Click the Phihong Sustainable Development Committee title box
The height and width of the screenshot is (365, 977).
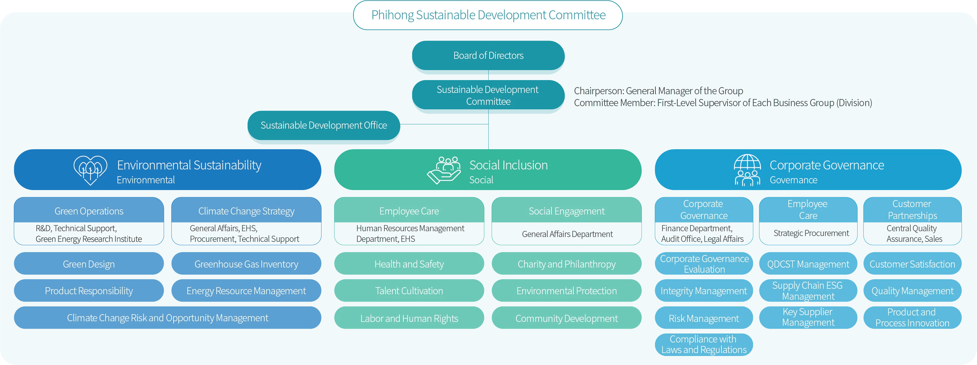pos(488,15)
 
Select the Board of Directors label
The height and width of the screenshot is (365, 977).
pos(488,56)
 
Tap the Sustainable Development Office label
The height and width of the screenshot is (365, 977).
pos(324,125)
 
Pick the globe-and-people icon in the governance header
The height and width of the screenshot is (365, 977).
pos(747,170)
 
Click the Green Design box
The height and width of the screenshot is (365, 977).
pos(89,264)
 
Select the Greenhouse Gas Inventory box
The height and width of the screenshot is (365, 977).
pos(246,264)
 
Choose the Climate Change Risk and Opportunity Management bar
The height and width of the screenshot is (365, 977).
pos(167,318)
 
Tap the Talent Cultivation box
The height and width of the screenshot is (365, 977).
pos(409,291)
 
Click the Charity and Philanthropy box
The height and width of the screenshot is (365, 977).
pos(566,264)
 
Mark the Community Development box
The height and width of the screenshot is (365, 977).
pos(566,318)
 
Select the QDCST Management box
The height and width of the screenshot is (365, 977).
pos(808,264)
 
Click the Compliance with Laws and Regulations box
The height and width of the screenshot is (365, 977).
pos(704,344)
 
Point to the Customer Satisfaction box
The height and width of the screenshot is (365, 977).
pos(912,264)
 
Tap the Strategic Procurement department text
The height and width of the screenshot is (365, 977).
pos(811,233)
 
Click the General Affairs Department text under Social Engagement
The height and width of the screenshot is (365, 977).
pos(567,234)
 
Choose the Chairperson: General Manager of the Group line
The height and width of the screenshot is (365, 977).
pos(658,91)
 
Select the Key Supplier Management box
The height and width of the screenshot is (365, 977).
pos(808,317)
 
